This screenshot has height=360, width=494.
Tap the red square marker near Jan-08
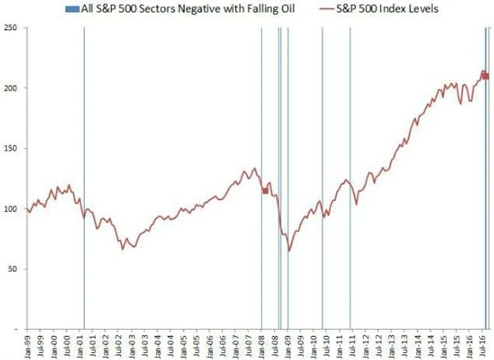[266, 191]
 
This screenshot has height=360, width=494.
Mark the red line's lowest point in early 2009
[289, 250]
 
